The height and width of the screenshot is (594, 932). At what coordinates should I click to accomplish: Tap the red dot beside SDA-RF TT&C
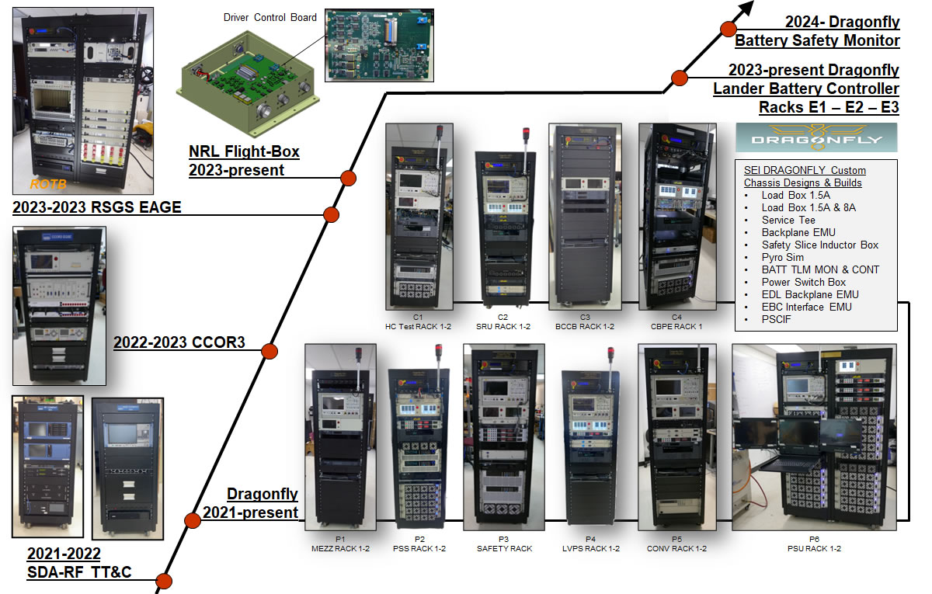(x=163, y=581)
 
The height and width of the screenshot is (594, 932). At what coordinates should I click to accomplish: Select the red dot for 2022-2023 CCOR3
(x=270, y=352)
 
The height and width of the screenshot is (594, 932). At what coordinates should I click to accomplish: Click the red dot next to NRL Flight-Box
(x=349, y=178)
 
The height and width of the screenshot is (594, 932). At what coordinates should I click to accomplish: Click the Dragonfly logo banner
(x=816, y=137)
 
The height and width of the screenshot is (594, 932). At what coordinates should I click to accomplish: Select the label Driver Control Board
(x=270, y=17)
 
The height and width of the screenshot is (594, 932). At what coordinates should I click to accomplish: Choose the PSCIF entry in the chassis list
(x=777, y=319)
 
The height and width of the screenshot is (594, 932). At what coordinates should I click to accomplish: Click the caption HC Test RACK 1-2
(x=418, y=326)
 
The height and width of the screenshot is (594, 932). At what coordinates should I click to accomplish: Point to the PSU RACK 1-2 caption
(x=814, y=548)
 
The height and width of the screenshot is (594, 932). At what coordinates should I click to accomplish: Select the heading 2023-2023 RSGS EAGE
(x=97, y=207)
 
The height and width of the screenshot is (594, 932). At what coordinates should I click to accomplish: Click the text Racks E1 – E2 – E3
(x=829, y=106)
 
